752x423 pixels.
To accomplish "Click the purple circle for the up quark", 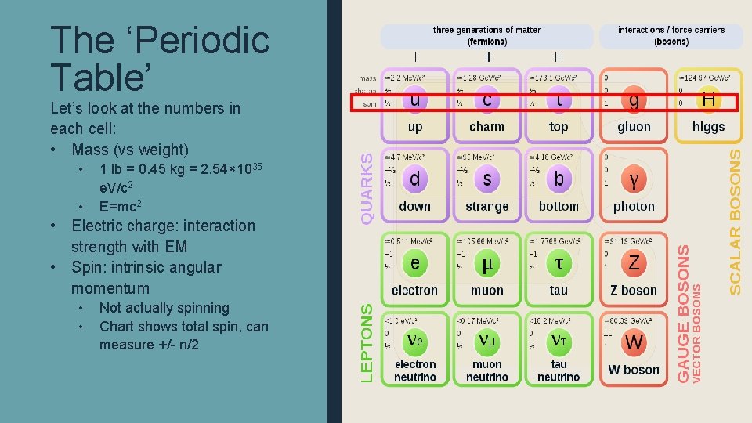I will click(414, 99).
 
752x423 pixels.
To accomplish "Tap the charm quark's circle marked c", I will click(487, 99).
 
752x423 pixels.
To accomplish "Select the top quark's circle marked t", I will click(559, 99).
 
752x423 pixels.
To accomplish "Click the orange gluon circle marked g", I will click(634, 100).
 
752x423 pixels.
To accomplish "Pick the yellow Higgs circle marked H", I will click(708, 99).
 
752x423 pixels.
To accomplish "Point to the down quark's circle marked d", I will click(414, 179).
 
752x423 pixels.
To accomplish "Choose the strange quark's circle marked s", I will click(487, 179).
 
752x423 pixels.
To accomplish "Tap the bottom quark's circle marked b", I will click(559, 179).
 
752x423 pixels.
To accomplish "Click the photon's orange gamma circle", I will click(634, 180).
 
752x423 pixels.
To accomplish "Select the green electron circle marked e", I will click(414, 263).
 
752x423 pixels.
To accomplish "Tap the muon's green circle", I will click(487, 263).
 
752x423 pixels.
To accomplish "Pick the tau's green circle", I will click(559, 263).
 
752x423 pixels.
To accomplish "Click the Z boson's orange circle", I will click(634, 263).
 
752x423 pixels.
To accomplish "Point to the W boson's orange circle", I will click(634, 342).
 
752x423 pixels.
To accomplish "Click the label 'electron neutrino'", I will click(415, 371).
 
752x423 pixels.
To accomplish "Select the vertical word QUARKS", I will click(367, 185).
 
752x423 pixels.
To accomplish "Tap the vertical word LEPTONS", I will click(367, 343).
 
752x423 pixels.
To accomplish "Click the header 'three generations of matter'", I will click(486, 30).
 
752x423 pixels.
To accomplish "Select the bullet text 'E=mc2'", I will click(121, 207).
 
